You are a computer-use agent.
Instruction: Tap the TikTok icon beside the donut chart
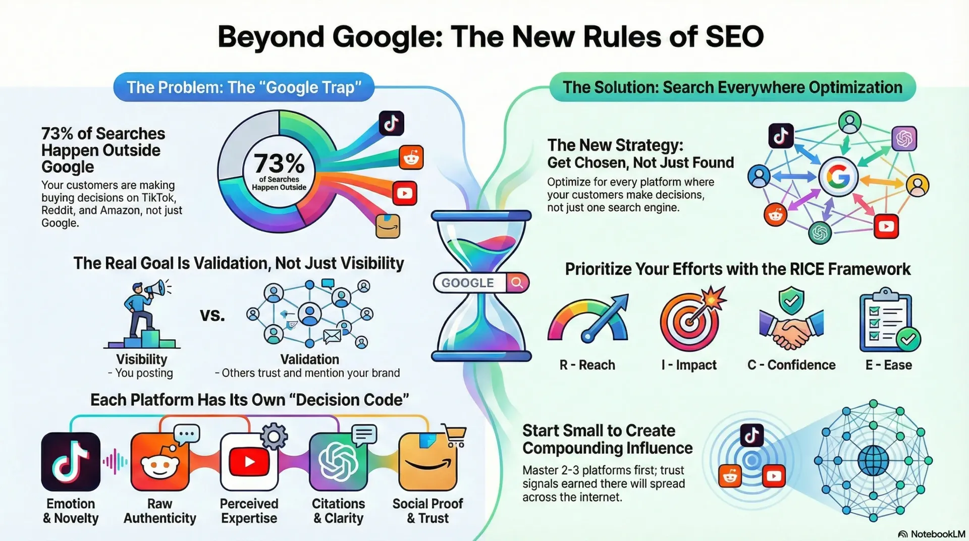tap(391, 123)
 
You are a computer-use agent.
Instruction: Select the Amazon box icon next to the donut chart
tap(388, 226)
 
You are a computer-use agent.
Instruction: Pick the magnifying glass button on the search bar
tap(517, 283)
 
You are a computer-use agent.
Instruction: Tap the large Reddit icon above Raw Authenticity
tap(159, 462)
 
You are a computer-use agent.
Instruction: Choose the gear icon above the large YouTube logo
tap(274, 436)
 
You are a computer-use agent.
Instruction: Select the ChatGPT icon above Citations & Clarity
tap(338, 462)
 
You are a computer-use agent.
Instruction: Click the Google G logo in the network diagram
tap(838, 177)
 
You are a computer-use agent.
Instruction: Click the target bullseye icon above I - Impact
tap(689, 321)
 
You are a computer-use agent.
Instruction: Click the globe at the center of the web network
tap(873, 460)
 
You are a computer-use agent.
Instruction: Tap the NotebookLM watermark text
tap(936, 534)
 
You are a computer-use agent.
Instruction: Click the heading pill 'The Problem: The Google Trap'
tap(244, 87)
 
